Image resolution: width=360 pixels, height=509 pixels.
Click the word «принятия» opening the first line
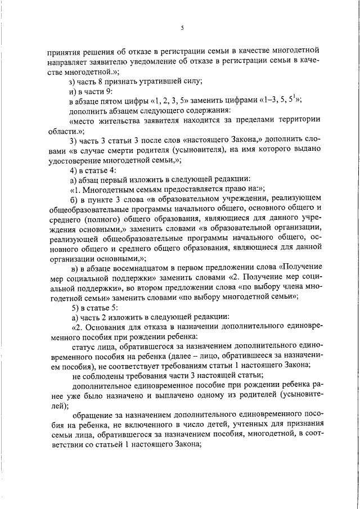pos(64,51)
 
